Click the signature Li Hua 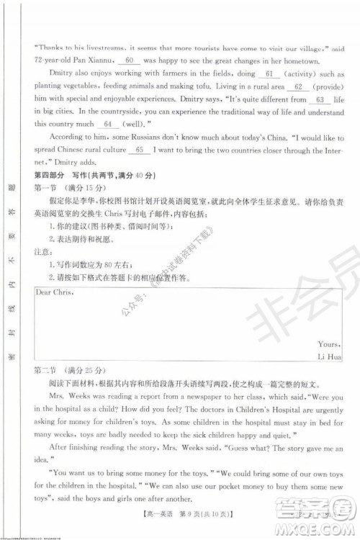click(328, 356)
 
